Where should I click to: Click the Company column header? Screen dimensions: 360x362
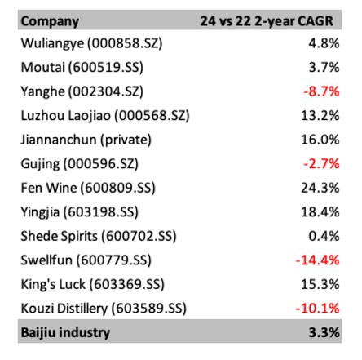click(x=51, y=20)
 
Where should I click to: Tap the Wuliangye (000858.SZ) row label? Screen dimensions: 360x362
click(x=92, y=43)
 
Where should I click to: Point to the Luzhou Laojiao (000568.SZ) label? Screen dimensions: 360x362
click(x=105, y=115)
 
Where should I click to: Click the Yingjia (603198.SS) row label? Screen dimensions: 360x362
click(x=79, y=211)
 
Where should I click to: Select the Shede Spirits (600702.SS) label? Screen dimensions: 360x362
click(x=98, y=236)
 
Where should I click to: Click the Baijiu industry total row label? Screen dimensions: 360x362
click(x=65, y=332)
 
